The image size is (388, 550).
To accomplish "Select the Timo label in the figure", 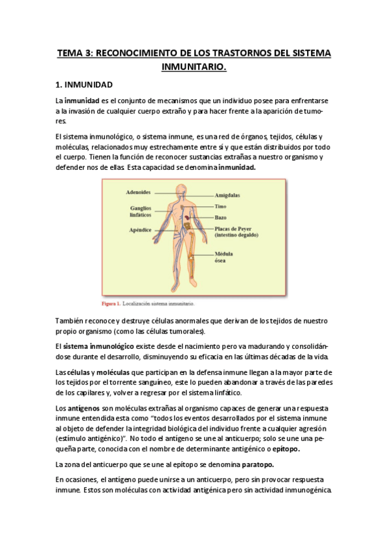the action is pyautogui.click(x=220, y=206).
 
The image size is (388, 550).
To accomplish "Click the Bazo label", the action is pyautogui.click(x=220, y=217).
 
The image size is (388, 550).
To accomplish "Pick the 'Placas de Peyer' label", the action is pyautogui.click(x=237, y=228).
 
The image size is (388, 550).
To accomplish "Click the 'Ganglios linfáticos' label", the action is pyautogui.click(x=139, y=211).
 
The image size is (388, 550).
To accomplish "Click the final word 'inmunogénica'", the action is pyautogui.click(x=304, y=490).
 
